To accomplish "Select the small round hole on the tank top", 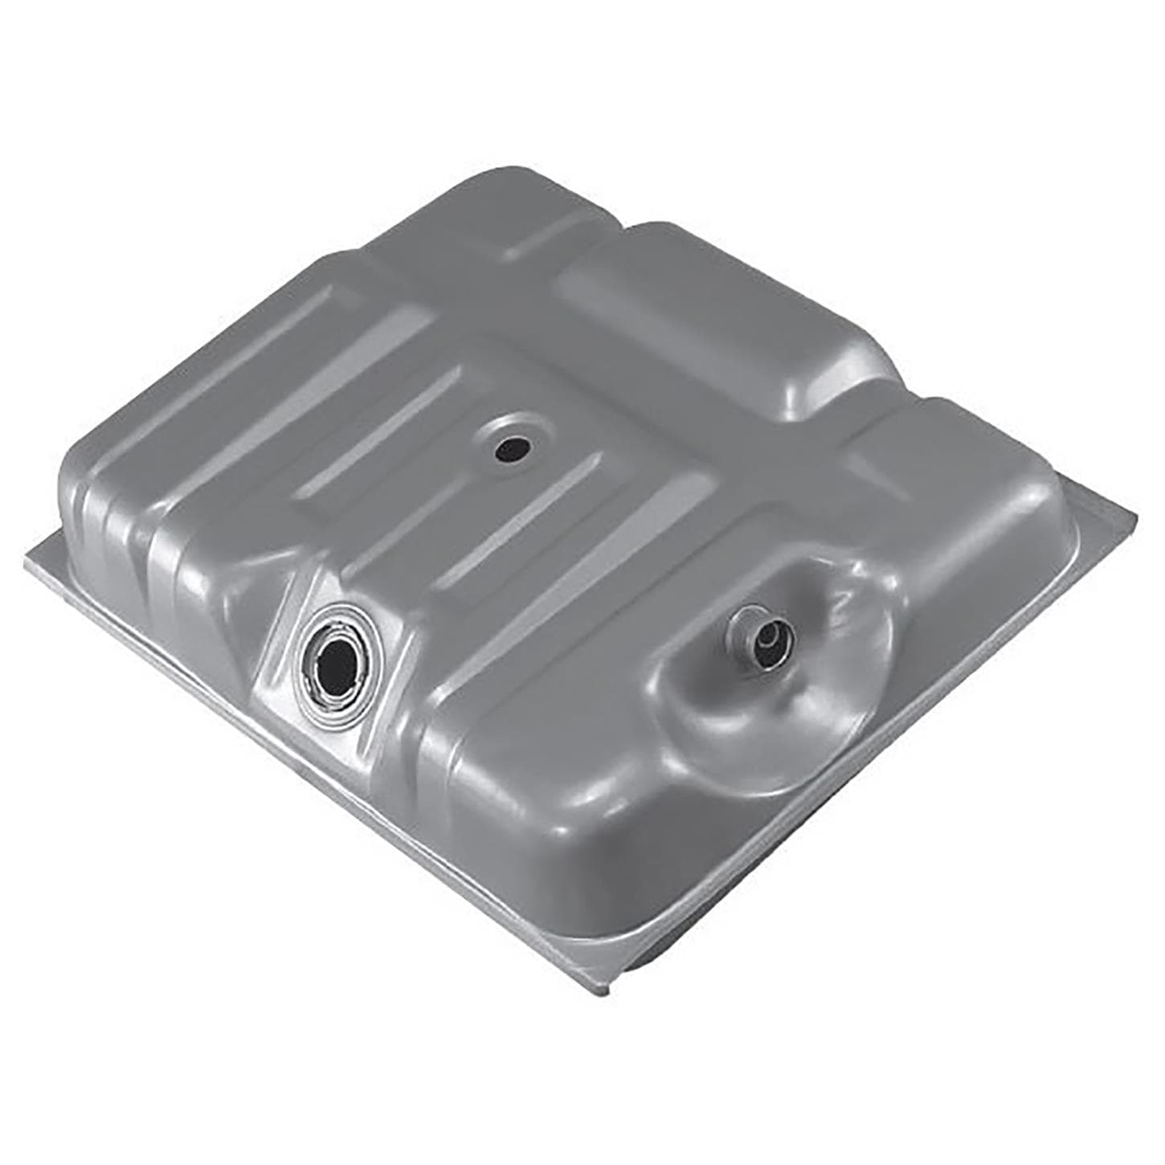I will coord(509,449).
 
